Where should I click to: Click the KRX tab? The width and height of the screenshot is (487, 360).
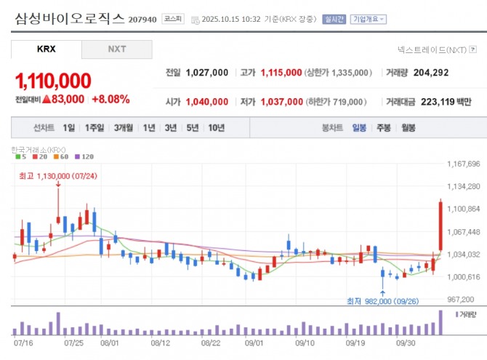click(x=46, y=49)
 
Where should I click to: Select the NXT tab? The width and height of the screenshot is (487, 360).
click(x=116, y=49)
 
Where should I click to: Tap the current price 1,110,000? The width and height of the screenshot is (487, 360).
click(x=53, y=79)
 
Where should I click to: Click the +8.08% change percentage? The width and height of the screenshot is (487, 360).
click(x=110, y=99)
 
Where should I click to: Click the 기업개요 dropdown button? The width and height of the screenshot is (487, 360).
click(x=369, y=20)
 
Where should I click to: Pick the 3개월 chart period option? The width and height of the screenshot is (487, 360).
click(x=123, y=128)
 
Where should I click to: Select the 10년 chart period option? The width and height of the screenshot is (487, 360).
click(x=216, y=128)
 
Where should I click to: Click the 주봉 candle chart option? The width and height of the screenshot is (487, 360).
click(x=383, y=128)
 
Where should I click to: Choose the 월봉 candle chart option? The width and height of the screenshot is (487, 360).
click(x=408, y=128)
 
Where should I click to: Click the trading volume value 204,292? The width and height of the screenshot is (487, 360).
click(x=431, y=73)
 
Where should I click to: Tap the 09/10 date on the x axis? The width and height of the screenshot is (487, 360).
click(x=305, y=341)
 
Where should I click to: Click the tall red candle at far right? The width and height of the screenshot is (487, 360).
click(x=440, y=226)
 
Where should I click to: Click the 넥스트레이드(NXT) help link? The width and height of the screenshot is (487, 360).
click(x=437, y=49)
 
